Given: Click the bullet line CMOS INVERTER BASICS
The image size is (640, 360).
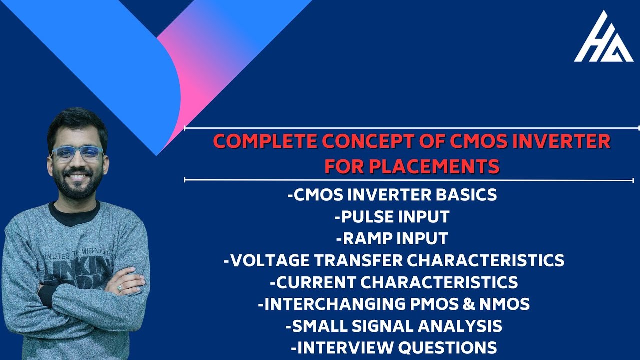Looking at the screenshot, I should coord(392,194).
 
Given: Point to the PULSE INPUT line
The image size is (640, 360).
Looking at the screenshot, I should coord(392,216).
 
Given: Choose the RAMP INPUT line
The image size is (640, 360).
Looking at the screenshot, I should coord(392,238).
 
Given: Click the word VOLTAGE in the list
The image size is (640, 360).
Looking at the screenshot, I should coord(273,260).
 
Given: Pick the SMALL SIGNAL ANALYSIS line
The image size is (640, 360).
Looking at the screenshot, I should coord(393,326).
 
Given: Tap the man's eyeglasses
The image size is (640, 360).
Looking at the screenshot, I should coord(77,152).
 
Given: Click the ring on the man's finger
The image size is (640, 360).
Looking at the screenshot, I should coord(120,288).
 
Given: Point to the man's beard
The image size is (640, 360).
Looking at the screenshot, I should coord(78,187).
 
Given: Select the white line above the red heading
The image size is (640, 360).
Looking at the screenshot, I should coord(410,128).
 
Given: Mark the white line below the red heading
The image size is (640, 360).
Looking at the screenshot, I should coord(410,180).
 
